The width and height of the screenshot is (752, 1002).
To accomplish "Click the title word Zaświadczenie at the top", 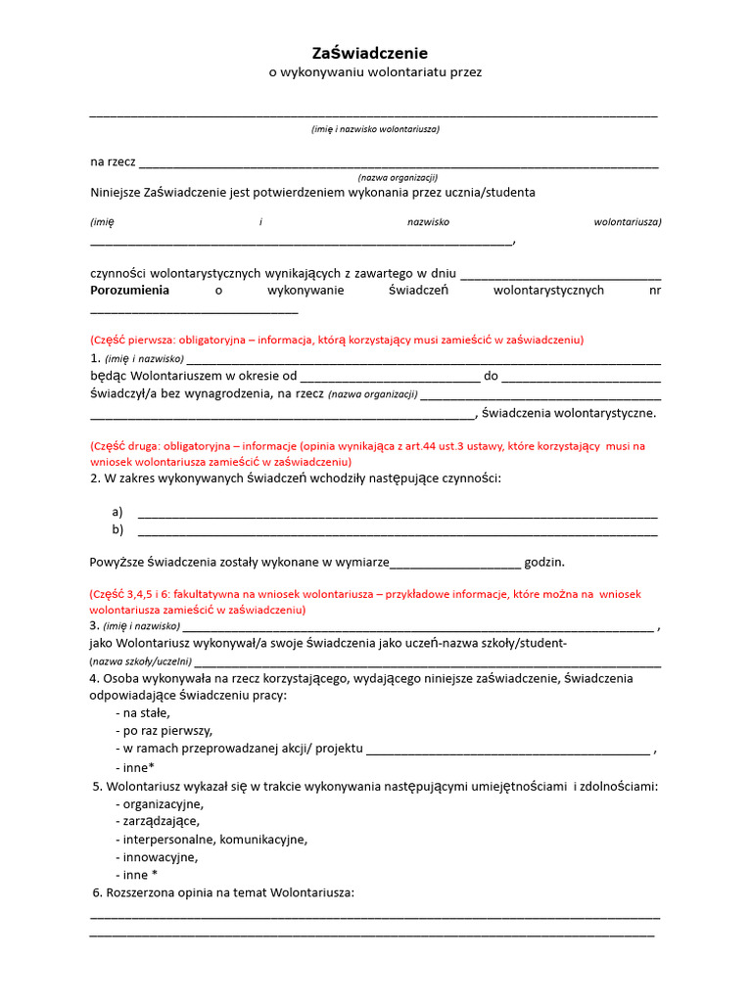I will click(369, 53).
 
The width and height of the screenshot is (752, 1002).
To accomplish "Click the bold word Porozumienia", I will click(129, 291).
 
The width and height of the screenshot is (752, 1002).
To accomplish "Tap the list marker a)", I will click(117, 512).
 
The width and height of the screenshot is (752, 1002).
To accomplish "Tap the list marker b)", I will click(117, 530).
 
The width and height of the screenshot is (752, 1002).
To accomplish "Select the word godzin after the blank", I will click(544, 563).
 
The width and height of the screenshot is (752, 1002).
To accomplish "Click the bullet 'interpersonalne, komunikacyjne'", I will click(211, 840).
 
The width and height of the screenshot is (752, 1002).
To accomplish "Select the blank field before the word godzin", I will click(455, 565).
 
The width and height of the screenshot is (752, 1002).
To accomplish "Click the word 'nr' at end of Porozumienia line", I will click(655, 291).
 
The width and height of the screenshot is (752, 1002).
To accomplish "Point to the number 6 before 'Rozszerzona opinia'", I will click(97, 892).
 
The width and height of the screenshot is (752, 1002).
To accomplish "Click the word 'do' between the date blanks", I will click(491, 376).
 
